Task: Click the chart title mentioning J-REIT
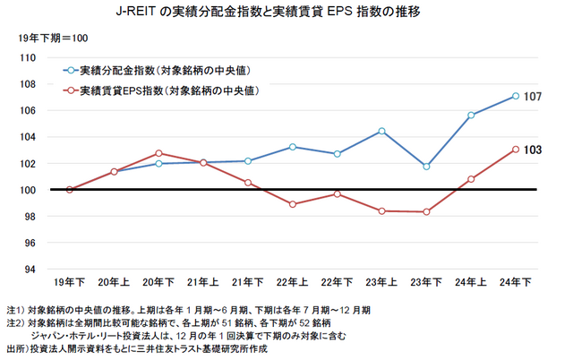[286, 13]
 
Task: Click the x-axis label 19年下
[70, 283]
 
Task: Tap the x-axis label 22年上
[292, 283]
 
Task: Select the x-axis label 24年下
[515, 283]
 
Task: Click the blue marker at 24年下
[516, 96]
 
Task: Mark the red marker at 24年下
[516, 150]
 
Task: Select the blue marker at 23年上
[382, 131]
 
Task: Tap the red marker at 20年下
[158, 153]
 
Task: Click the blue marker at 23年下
[426, 167]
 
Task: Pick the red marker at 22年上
[293, 204]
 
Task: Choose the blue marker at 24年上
[471, 115]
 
